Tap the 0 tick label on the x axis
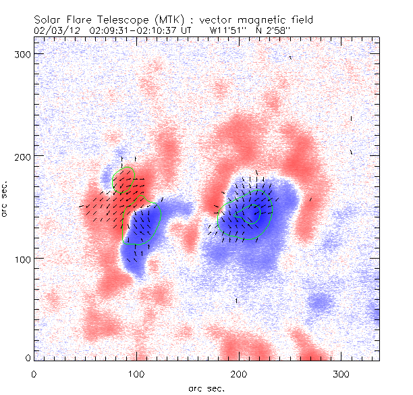pyautogui.click(x=34, y=373)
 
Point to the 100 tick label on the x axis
pyautogui.click(x=136, y=373)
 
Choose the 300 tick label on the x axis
pyautogui.click(x=341, y=373)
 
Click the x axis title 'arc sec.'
pyautogui.click(x=206, y=388)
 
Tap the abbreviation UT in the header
pyautogui.click(x=187, y=30)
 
